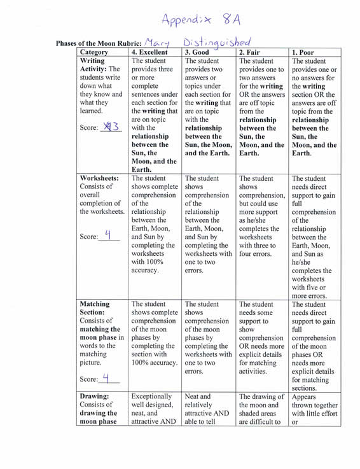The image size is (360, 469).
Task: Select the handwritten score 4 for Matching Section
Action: click(x=106, y=377)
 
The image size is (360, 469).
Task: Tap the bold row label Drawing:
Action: click(x=95, y=396)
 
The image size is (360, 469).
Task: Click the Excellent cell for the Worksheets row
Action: click(x=155, y=223)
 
